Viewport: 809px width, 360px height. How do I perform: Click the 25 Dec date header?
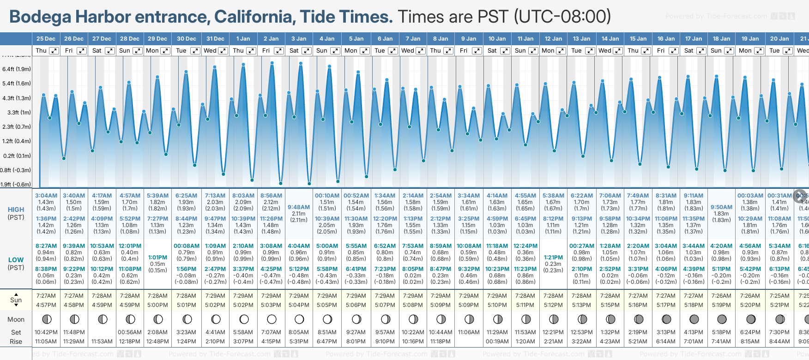tap(46, 39)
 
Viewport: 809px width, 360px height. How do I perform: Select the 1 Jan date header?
tap(243, 39)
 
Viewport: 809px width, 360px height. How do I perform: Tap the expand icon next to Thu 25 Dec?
tap(54, 51)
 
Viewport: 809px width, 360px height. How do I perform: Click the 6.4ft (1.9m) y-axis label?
tap(17, 69)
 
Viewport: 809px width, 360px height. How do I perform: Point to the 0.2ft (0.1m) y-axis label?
tap(17, 156)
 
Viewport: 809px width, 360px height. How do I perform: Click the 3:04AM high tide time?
tap(46, 196)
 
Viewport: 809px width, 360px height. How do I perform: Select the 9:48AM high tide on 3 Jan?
tap(299, 207)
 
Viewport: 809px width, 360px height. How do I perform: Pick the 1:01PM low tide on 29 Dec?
tap(157, 258)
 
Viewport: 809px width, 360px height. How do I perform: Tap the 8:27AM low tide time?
tap(46, 246)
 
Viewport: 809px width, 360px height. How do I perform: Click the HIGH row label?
tap(16, 210)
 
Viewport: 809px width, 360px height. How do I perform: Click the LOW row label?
tap(16, 260)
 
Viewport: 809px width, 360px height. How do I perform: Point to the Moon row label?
tap(16, 319)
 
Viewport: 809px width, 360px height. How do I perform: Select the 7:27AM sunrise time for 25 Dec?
tap(46, 296)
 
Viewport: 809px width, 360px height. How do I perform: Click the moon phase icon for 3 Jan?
tap(299, 319)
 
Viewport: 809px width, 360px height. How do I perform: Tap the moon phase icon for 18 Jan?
tap(722, 319)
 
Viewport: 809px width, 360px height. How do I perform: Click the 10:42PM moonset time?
tap(46, 332)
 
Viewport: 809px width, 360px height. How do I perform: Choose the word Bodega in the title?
tap(41, 17)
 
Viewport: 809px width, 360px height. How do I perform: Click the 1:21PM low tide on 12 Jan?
tap(553, 258)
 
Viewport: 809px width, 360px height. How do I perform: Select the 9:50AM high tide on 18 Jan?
tap(721, 207)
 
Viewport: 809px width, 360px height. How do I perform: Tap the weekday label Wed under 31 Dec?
tap(210, 51)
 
